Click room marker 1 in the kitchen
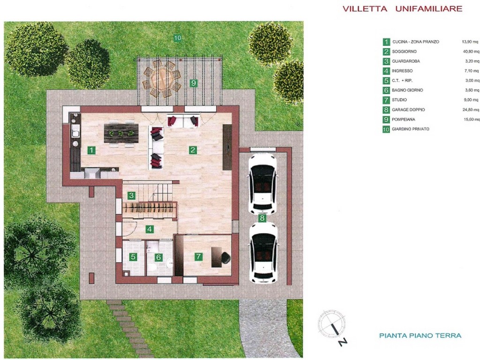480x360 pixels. (91, 150)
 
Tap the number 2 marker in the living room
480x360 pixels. (193, 150)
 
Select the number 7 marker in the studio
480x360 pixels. (198, 256)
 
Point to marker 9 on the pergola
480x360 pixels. (193, 83)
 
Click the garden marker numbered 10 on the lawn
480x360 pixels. (178, 38)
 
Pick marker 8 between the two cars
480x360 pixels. (262, 218)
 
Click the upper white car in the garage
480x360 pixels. (262, 184)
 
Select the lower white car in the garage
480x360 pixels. (263, 253)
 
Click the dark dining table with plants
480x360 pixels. (121, 134)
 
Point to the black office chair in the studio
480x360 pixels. (226, 258)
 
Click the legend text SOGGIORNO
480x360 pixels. (404, 52)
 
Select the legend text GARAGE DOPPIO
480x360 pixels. (408, 110)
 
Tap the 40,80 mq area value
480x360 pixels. (471, 52)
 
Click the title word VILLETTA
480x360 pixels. (365, 9)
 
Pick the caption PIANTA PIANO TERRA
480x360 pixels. (420, 336)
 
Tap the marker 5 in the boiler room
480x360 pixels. (133, 257)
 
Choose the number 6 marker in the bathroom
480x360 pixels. (158, 257)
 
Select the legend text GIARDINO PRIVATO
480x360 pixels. (411, 129)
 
